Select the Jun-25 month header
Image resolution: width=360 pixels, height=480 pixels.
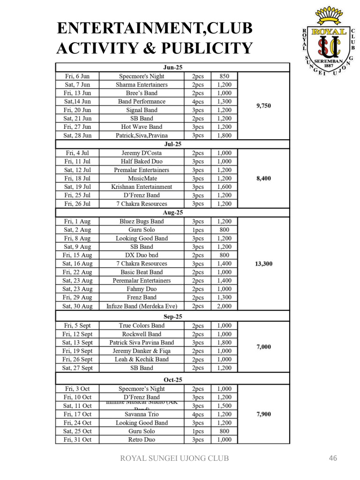click(172, 67)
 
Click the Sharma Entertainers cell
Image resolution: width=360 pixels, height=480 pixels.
click(142, 85)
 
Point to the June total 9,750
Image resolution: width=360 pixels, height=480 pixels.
click(263, 106)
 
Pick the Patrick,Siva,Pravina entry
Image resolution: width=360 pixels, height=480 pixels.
click(142, 135)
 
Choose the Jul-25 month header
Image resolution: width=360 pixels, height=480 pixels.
click(172, 144)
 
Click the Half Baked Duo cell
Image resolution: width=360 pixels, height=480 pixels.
click(142, 161)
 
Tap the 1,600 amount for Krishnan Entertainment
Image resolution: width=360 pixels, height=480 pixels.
click(224, 187)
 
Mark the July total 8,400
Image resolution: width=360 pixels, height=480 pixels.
click(263, 178)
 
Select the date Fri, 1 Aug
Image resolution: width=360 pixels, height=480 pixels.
click(78, 221)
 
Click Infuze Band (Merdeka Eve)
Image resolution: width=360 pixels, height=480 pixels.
click(142, 306)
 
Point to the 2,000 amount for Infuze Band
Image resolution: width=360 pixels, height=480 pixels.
click(224, 306)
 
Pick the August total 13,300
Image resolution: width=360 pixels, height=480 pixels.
click(263, 264)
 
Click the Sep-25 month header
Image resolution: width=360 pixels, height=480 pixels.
click(172, 316)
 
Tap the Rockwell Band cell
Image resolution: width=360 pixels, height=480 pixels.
click(142, 334)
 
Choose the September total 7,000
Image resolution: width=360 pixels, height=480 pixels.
click(263, 347)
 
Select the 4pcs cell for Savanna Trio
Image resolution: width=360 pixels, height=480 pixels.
click(198, 414)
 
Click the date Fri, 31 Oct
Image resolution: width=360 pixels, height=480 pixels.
click(78, 440)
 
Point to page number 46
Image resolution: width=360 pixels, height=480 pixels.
click(333, 458)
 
